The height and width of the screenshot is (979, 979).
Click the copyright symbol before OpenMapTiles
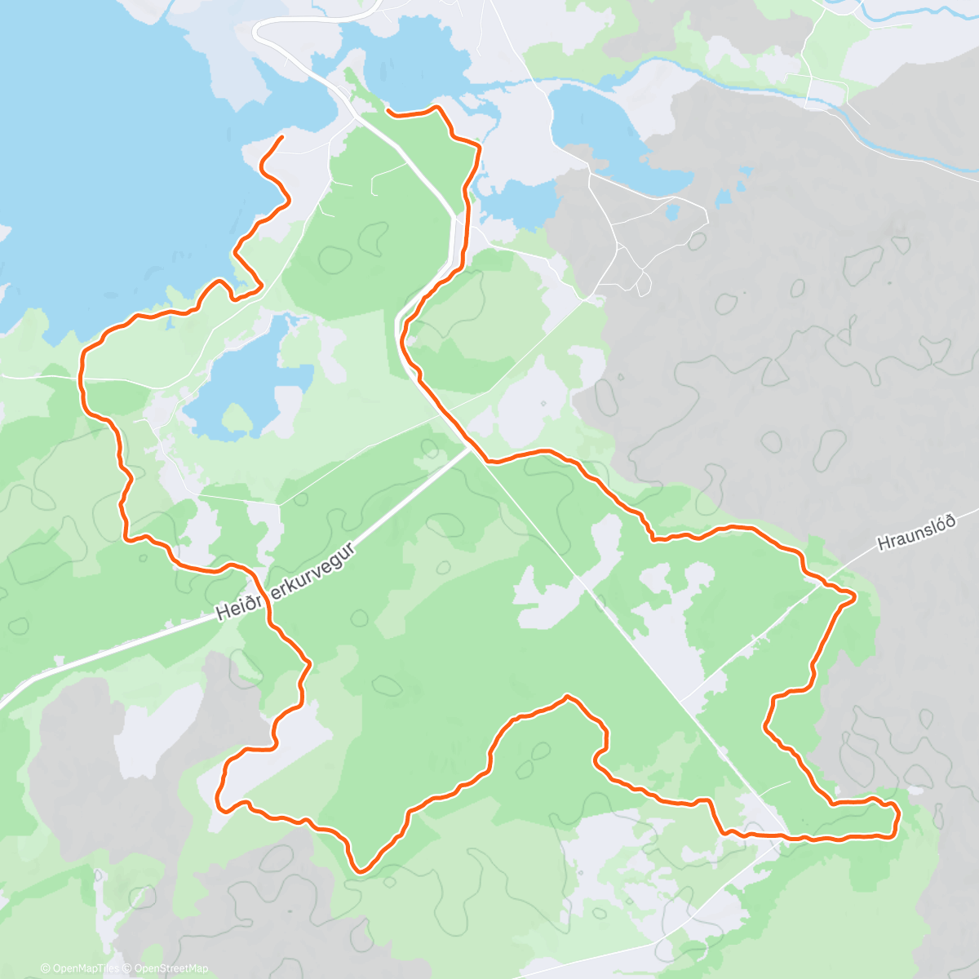pyautogui.click(x=46, y=968)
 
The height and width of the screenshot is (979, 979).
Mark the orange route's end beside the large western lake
pyautogui.click(x=281, y=138)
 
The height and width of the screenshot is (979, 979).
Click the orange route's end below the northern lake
pyautogui.click(x=388, y=111)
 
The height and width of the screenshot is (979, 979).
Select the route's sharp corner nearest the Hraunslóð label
pyautogui.click(x=853, y=597)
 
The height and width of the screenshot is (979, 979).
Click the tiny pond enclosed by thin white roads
pyautogui.click(x=672, y=212)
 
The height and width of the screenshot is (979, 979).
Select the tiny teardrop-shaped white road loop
pyautogui.click(x=644, y=283)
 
